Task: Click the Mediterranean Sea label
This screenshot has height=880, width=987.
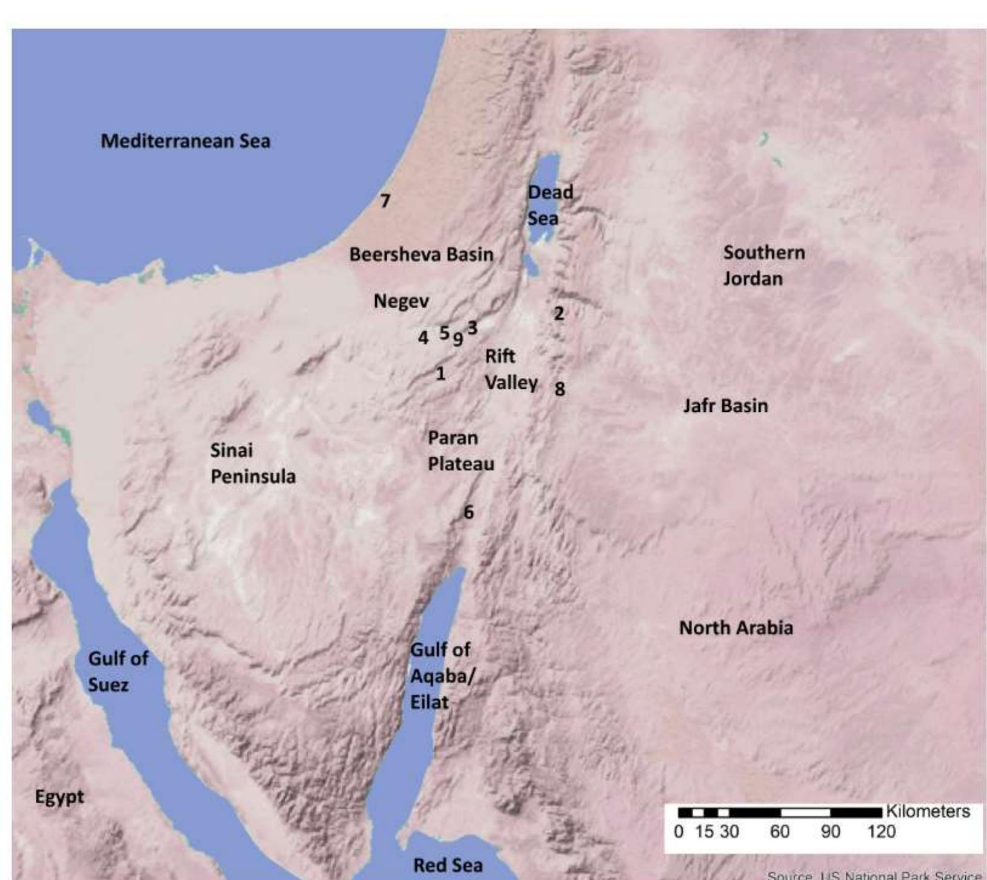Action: point(185,141)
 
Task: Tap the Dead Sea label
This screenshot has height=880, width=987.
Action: point(550,205)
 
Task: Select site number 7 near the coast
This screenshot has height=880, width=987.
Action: point(385,200)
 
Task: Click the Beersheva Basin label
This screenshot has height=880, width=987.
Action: point(421,254)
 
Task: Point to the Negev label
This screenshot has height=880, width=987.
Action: point(401,301)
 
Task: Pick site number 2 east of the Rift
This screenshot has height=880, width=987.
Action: point(559,314)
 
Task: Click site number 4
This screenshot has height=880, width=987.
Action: point(423,337)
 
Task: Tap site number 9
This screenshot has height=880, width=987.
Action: point(458,339)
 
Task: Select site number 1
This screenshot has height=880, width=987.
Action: point(440,374)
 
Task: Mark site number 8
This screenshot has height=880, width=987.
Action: point(560,389)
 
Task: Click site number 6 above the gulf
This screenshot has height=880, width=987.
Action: point(468,512)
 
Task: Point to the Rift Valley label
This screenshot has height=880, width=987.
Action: point(510,369)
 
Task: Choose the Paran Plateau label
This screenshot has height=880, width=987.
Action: point(460,451)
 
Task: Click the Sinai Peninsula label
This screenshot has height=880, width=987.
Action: point(253,463)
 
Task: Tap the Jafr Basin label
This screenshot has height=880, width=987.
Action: point(725,406)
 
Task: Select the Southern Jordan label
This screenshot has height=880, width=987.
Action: point(763,265)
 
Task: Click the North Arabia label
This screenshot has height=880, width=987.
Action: point(736,628)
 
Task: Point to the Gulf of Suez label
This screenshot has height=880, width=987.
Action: point(118,671)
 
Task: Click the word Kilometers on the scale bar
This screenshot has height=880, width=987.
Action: point(928,812)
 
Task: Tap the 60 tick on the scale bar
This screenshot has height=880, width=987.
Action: point(779,832)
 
